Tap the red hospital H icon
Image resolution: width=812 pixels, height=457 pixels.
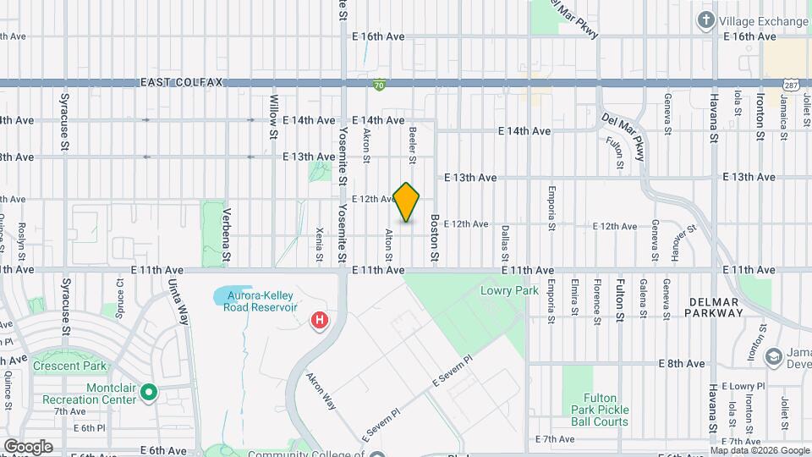coord(320,321)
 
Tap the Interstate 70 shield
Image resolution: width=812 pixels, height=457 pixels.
coord(380,85)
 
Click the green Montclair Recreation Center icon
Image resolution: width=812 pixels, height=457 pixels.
coord(150,391)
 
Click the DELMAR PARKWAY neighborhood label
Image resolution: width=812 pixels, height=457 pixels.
coord(716,306)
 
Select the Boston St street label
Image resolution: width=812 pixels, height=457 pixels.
coord(434,237)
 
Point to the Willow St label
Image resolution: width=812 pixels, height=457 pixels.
coord(273,117)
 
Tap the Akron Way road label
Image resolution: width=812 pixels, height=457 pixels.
coord(321,391)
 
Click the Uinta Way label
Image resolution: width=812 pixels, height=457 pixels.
coord(178,301)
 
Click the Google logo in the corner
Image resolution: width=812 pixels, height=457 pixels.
coord(28,446)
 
